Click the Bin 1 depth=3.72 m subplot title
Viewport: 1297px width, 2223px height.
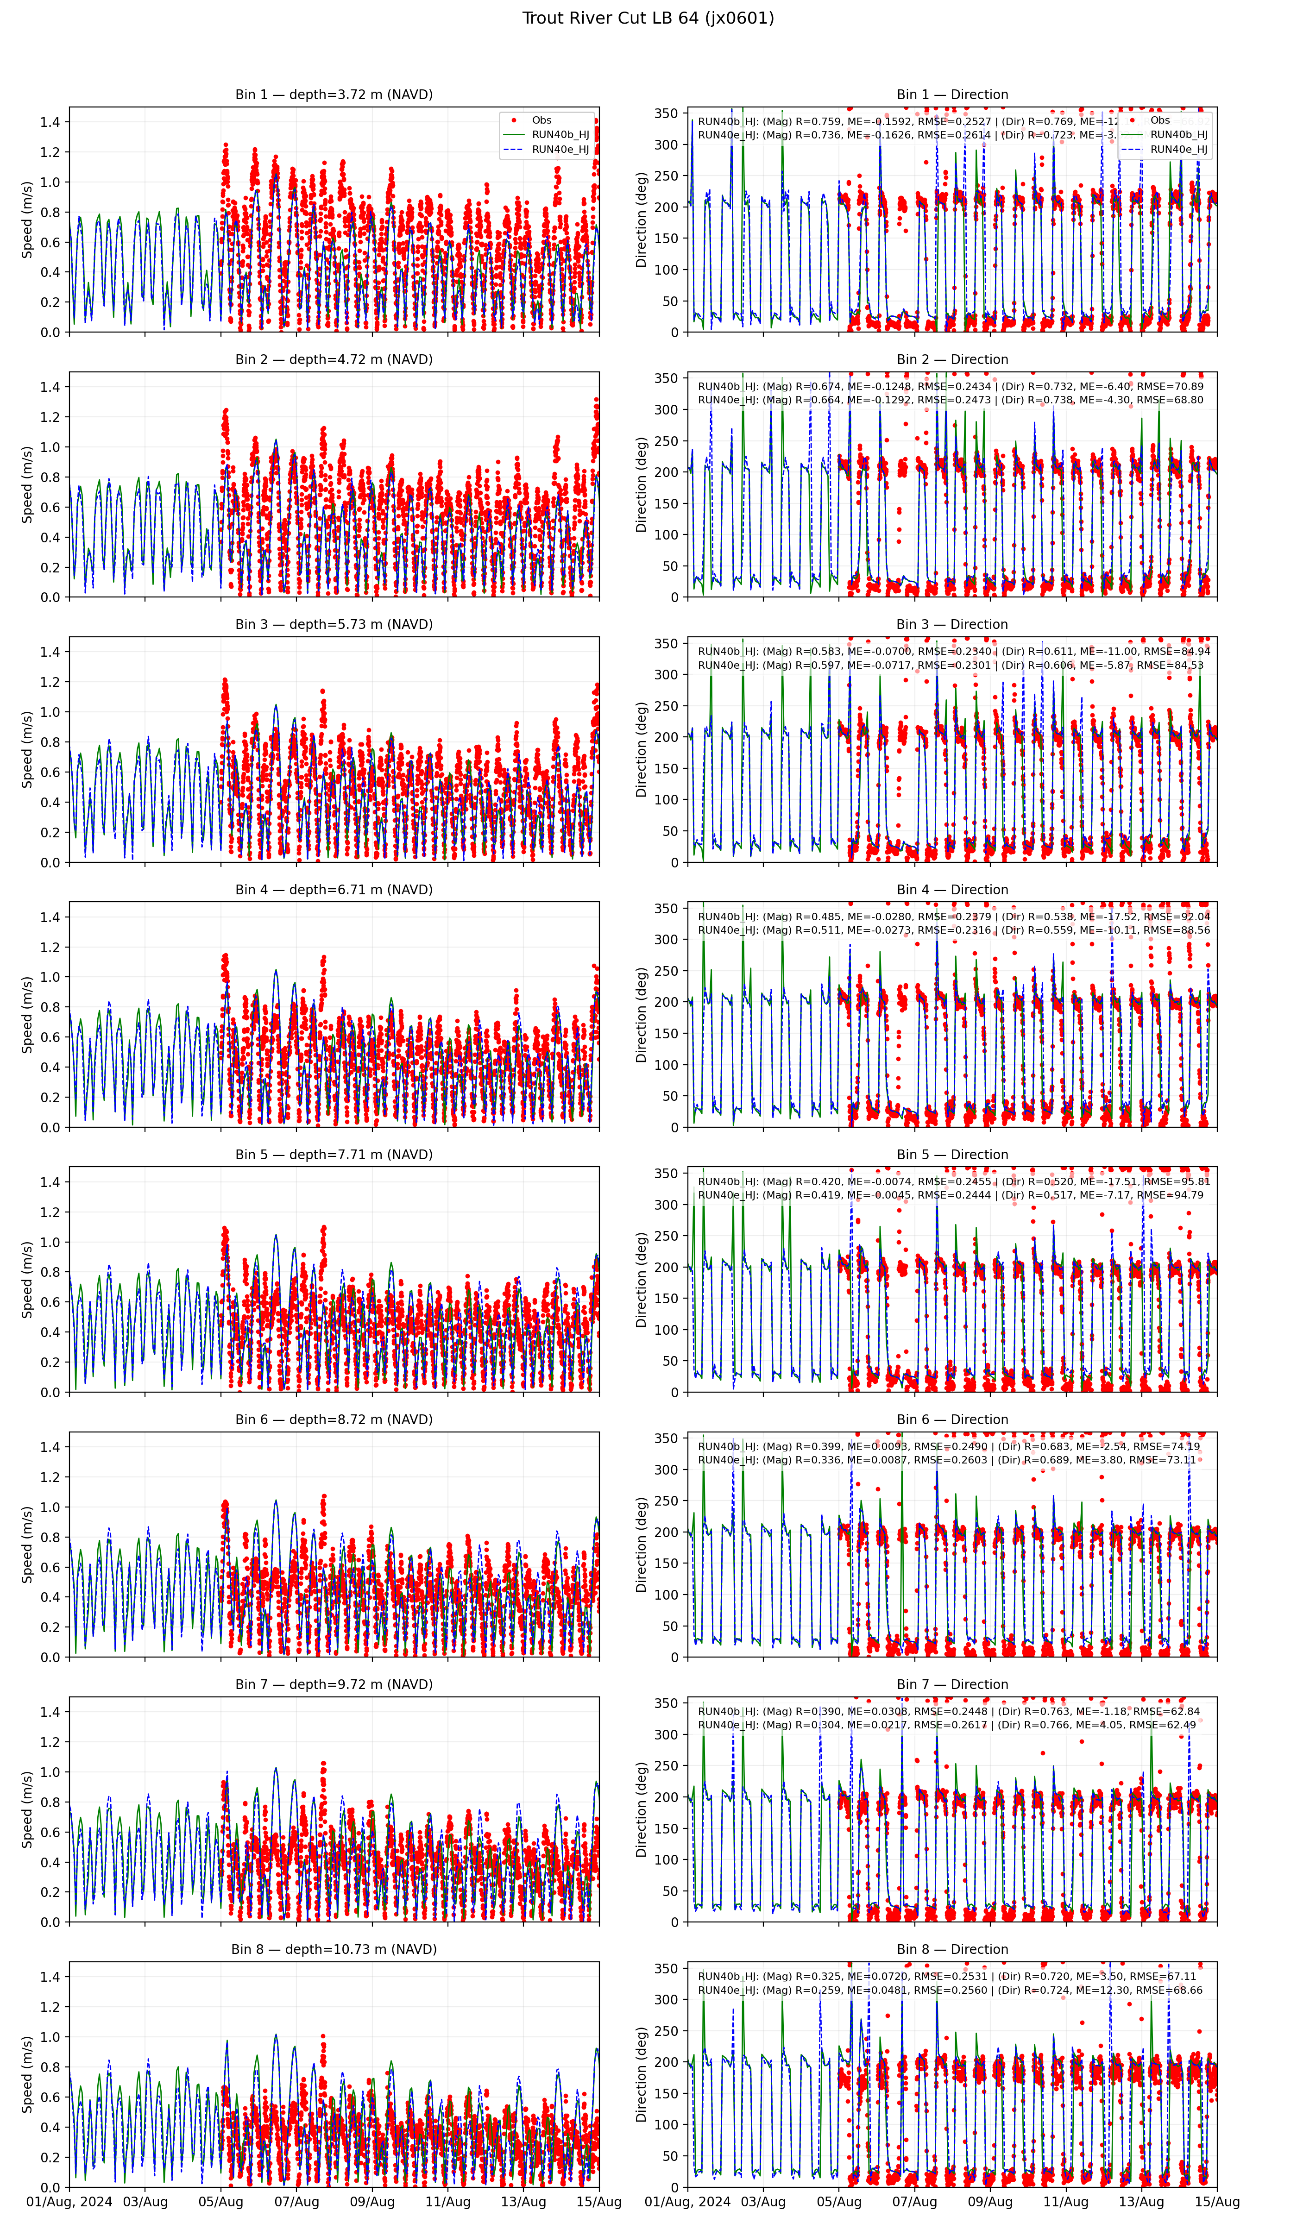[x=334, y=94]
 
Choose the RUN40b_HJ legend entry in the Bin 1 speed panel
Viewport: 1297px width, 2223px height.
[x=560, y=135]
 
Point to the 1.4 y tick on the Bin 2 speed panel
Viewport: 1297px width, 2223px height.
[x=50, y=386]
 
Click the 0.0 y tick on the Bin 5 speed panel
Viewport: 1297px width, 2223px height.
[x=50, y=1392]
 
